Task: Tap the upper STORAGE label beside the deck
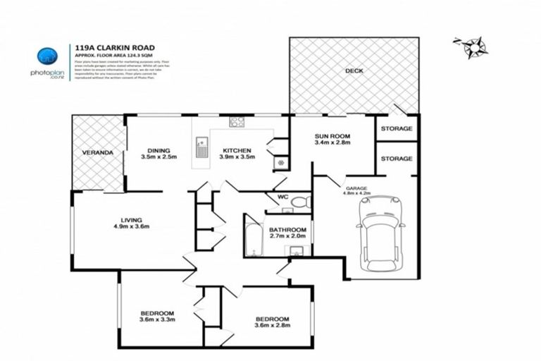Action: tap(396, 128)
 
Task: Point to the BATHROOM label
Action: tap(287, 229)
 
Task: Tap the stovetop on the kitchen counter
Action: tap(236, 123)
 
